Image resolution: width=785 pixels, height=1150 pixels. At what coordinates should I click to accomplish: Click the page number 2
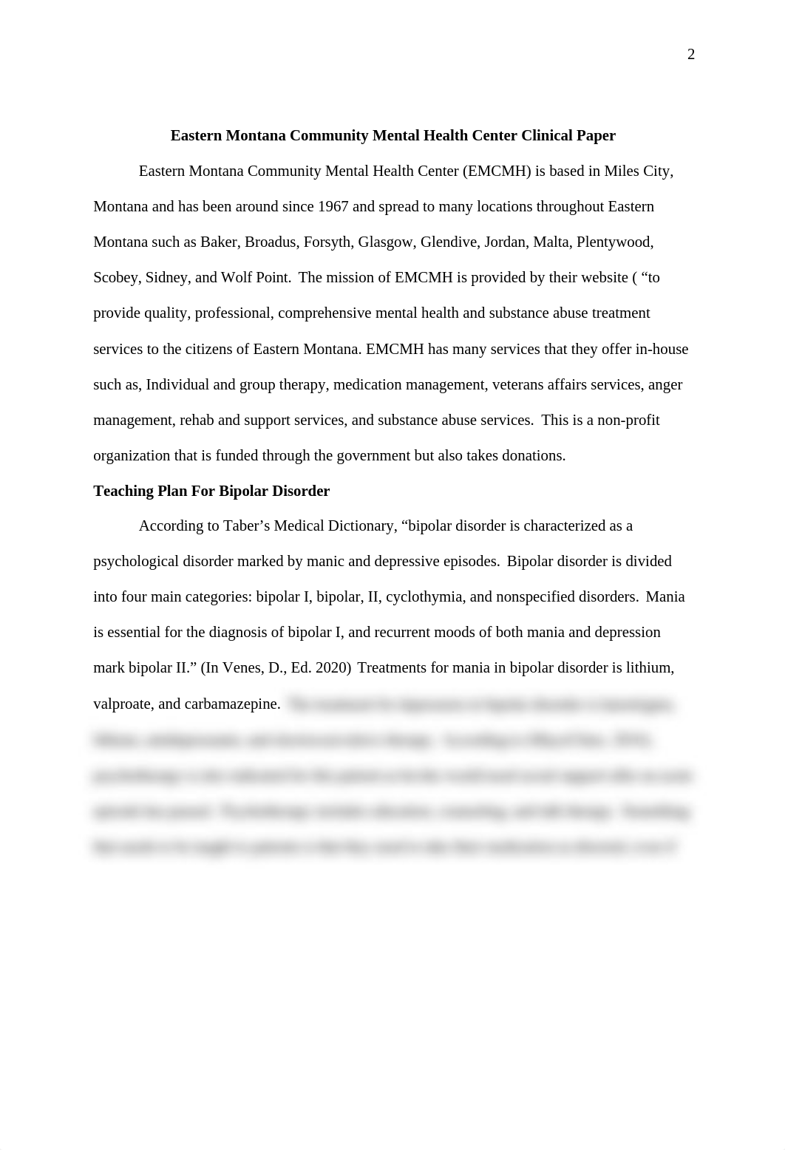click(691, 55)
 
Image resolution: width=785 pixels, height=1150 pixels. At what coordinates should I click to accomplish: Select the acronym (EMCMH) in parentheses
click(497, 171)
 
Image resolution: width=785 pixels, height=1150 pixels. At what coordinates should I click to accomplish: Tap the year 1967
click(333, 207)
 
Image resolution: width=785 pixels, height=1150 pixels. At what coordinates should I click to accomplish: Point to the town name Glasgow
click(385, 242)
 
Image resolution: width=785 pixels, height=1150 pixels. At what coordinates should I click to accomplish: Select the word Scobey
click(115, 278)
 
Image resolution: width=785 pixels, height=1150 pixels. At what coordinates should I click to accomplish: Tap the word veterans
click(519, 385)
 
